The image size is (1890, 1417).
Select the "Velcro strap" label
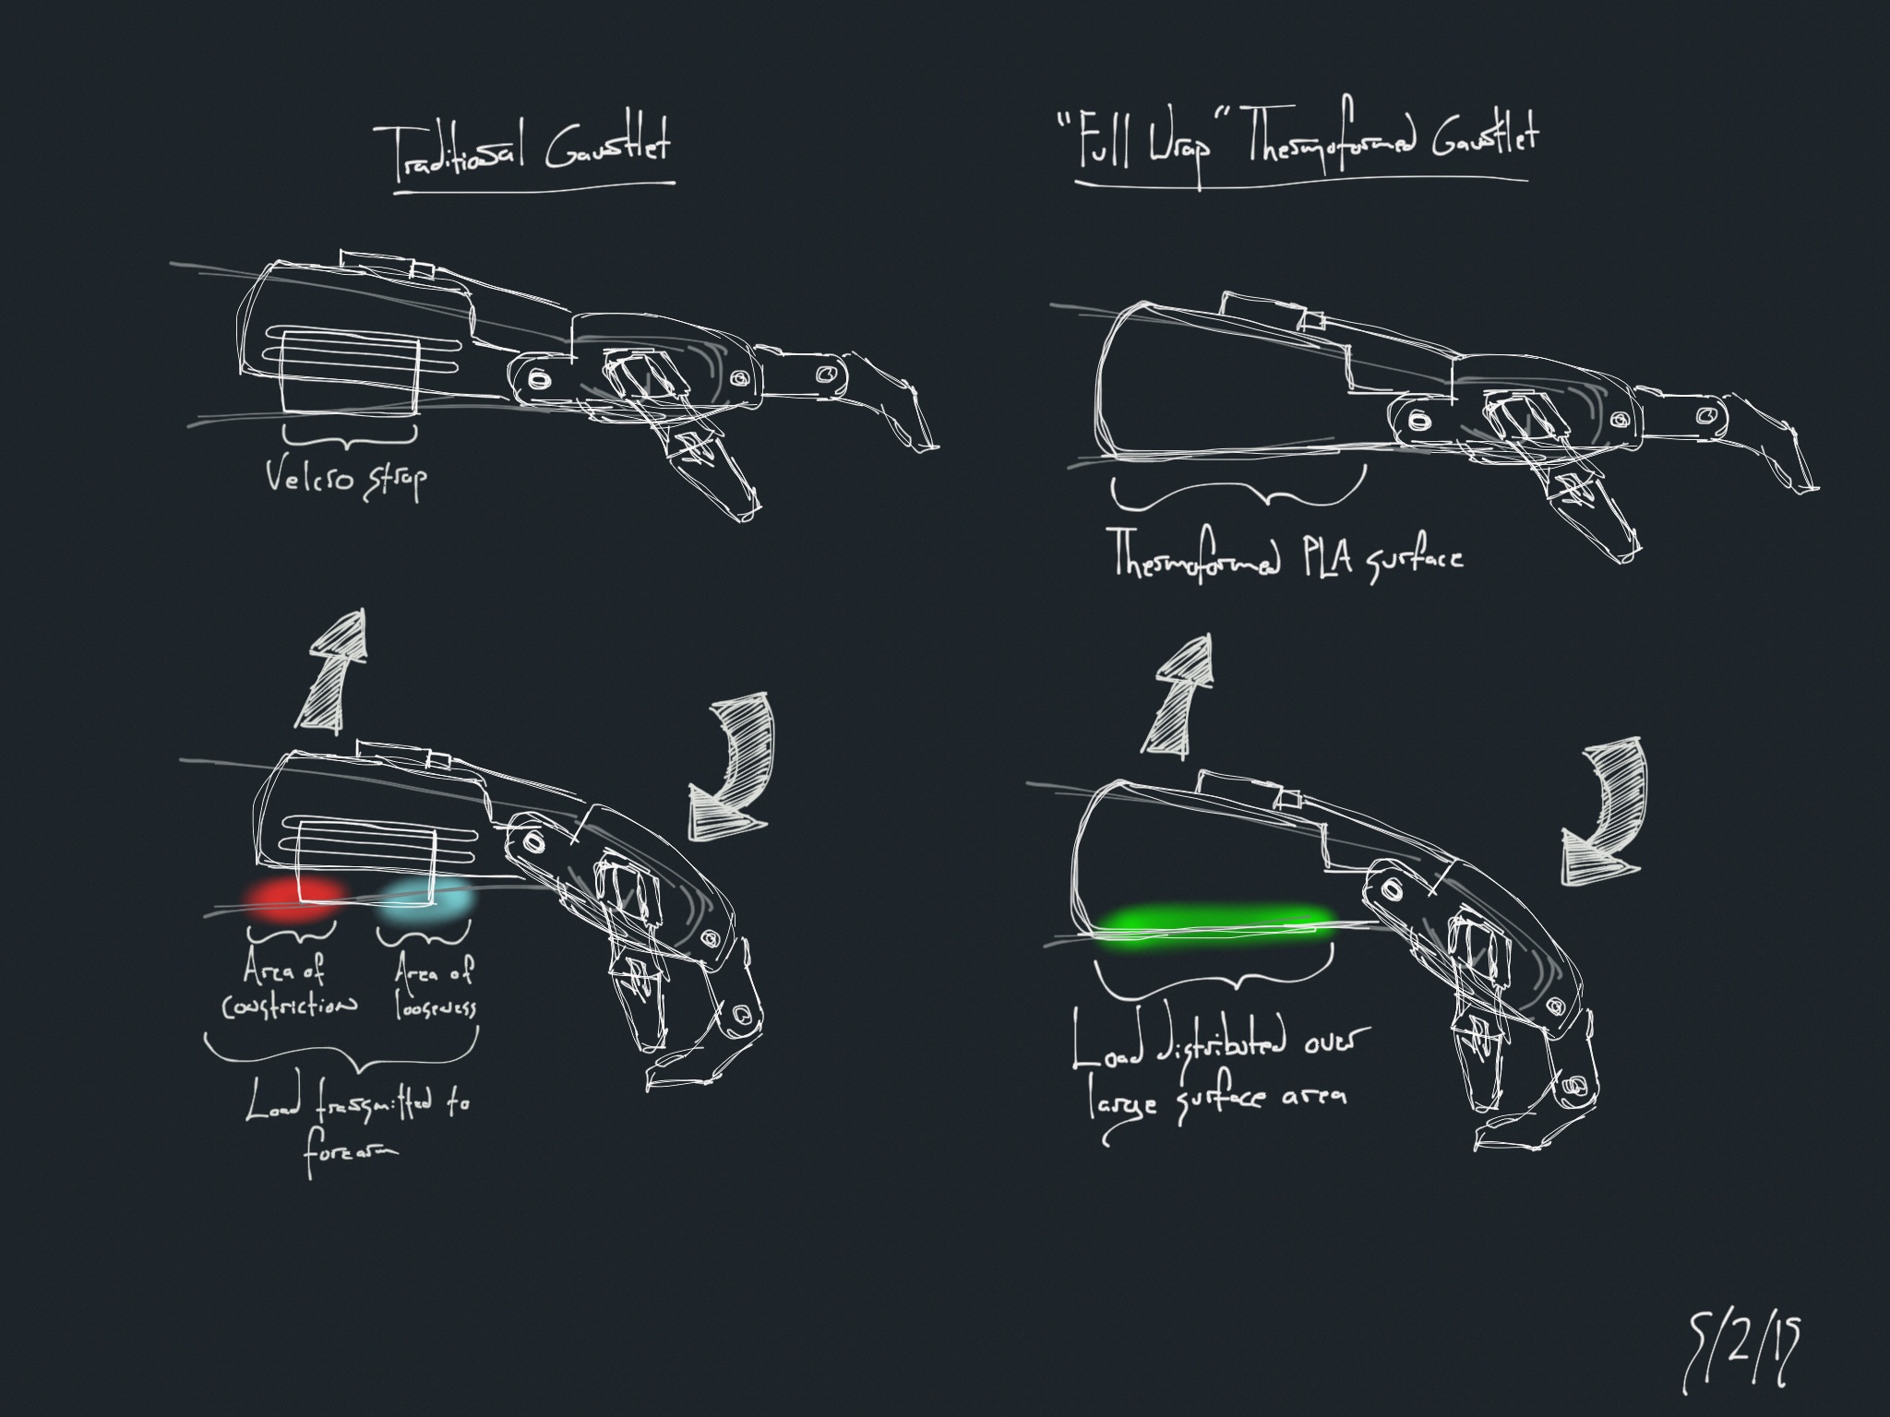click(x=346, y=479)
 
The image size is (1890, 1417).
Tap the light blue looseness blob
click(x=427, y=900)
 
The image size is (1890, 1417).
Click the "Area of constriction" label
click(x=287, y=987)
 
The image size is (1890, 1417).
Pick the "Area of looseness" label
click(x=433, y=987)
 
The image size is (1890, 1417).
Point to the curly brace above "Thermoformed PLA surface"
click(x=1237, y=494)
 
